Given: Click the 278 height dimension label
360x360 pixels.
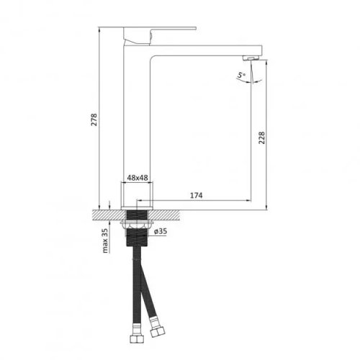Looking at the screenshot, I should tap(92, 119).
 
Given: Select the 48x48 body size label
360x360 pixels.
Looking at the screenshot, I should tap(137, 177).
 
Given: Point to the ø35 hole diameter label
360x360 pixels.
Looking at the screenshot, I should tap(161, 231).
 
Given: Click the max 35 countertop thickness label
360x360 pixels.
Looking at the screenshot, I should tap(106, 240).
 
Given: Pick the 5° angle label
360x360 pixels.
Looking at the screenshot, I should tap(240, 73).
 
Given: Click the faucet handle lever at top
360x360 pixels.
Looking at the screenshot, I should tap(160, 31).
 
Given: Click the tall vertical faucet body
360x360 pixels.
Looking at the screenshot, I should tap(138, 122).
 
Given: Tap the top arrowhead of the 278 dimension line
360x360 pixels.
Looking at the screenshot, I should tap(98, 30).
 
